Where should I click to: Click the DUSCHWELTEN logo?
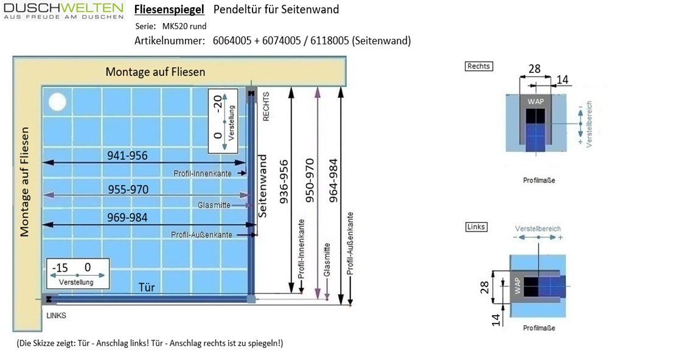[x=64, y=11]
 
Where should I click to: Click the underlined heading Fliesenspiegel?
[x=169, y=10]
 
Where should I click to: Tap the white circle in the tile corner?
[x=57, y=102]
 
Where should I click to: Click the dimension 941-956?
[x=127, y=155]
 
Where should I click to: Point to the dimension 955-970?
[x=128, y=190]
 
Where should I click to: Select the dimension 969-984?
[x=127, y=217]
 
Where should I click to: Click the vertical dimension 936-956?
[x=284, y=182]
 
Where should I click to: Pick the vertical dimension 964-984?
[x=333, y=181]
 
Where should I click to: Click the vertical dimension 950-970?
[x=310, y=181]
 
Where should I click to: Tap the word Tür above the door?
[x=147, y=287]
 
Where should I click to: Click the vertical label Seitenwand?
[x=262, y=186]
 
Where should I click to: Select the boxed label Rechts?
[x=478, y=66]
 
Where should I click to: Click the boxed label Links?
[x=476, y=227]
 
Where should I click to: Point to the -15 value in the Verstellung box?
[x=60, y=268]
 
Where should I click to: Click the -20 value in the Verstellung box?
[x=218, y=103]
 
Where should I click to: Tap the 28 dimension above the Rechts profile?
[x=535, y=69]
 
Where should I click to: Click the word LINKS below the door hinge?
[x=57, y=316]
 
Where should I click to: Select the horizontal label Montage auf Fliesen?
[x=156, y=72]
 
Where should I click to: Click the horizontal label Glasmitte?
[x=214, y=205]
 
